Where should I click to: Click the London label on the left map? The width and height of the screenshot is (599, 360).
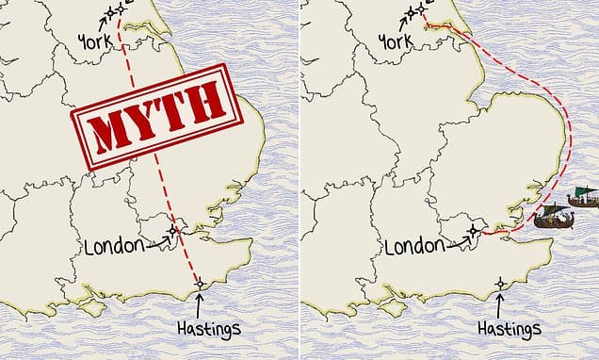[x=114, y=248]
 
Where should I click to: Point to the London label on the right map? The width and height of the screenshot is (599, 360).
[x=414, y=248]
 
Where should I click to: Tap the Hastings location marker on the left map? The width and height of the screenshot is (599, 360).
[x=199, y=283]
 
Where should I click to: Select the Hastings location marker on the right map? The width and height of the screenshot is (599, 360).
[x=499, y=283]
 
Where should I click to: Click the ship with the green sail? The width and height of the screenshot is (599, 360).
[x=581, y=198]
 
